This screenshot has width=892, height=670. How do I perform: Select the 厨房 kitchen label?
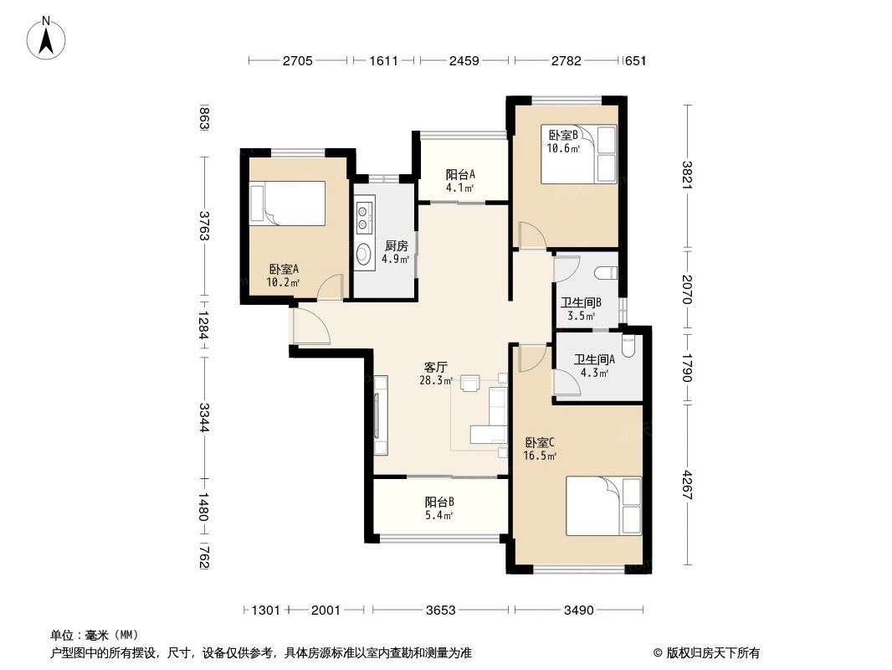[x=396, y=246]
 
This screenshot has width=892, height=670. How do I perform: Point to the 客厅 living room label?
[x=435, y=367]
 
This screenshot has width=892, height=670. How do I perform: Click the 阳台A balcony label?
[x=460, y=174]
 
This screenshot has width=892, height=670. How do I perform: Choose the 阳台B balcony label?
[x=439, y=502]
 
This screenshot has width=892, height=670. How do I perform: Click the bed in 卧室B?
[x=578, y=154]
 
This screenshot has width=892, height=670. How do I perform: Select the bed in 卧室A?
[x=287, y=204]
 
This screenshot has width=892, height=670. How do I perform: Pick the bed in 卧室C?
[x=603, y=505]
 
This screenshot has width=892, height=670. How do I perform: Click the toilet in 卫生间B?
[x=607, y=272]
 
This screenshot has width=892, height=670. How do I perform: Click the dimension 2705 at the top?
[x=297, y=61]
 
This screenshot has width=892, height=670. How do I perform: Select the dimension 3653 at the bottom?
[x=440, y=611]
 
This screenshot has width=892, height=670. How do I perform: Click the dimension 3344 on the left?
[x=203, y=418]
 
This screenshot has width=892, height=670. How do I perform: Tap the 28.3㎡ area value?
[x=436, y=380]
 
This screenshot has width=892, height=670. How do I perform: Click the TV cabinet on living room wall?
[x=381, y=415]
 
